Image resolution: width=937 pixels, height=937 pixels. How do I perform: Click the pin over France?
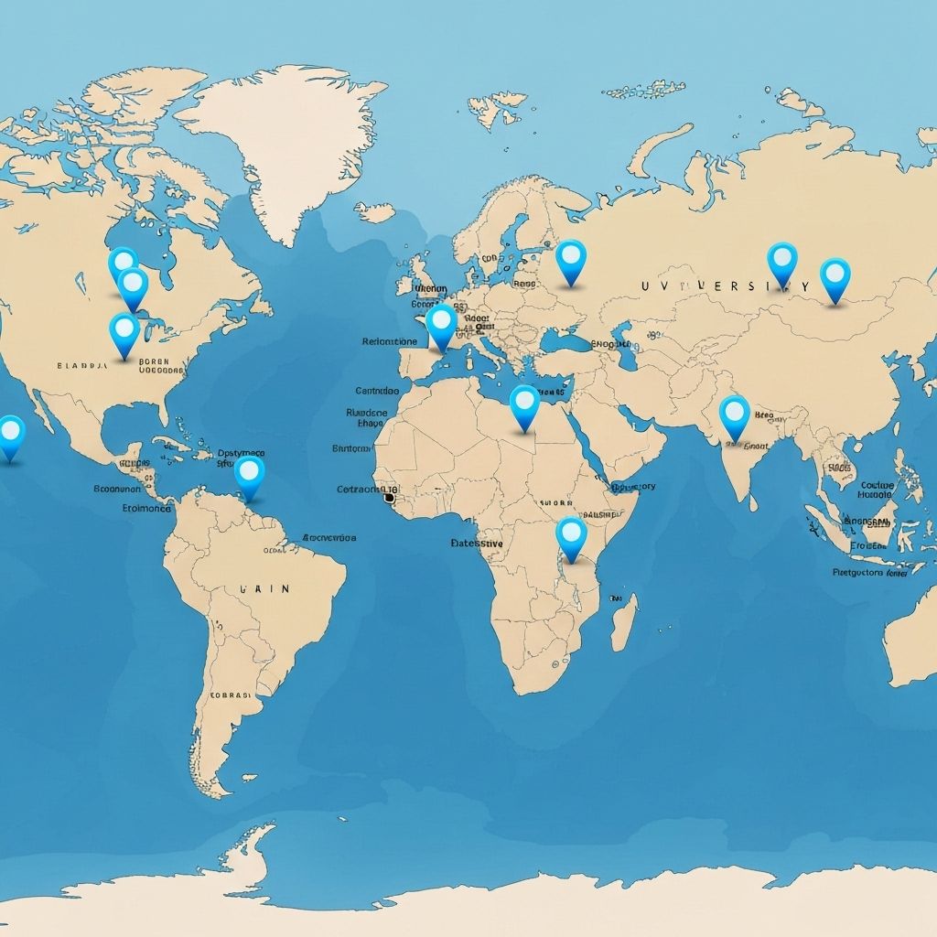click(x=442, y=324)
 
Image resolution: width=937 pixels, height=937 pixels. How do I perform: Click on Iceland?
click(x=375, y=213)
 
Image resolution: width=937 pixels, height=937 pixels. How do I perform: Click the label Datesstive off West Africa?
click(x=477, y=543)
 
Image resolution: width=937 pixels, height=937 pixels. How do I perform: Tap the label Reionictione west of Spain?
click(x=389, y=341)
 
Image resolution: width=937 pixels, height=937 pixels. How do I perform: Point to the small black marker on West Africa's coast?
click(x=390, y=498)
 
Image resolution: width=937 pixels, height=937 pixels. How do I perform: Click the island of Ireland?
click(x=403, y=284)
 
